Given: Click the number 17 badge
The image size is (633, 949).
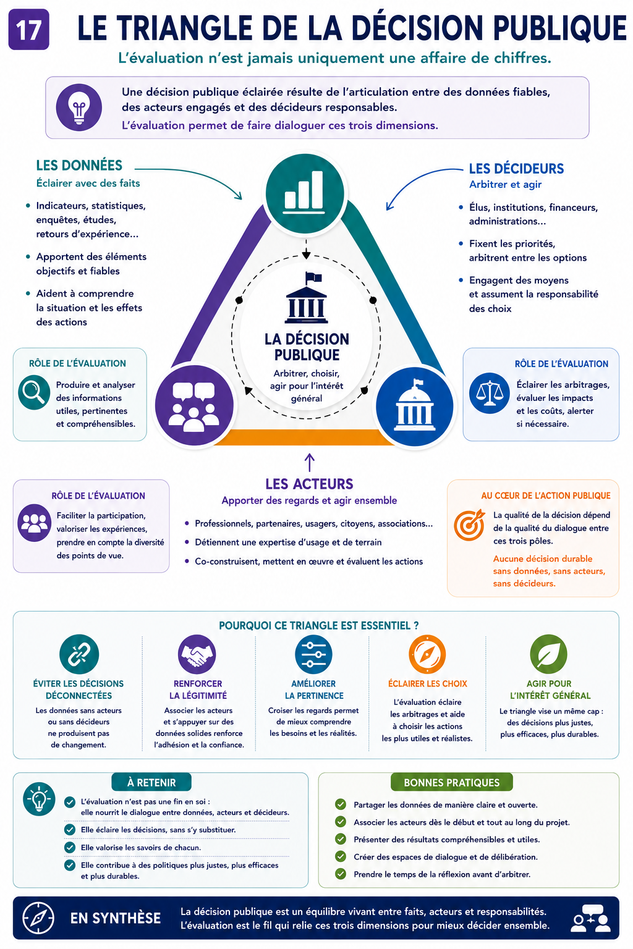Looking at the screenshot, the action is tap(29, 30).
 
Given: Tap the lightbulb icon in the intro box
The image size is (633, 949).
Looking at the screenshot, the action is tap(79, 107).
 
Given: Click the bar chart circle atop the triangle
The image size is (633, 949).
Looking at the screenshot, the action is tap(304, 193).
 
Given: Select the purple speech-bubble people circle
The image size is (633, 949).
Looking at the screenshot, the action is tap(194, 405).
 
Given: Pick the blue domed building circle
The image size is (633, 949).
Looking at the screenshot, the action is tap(415, 407).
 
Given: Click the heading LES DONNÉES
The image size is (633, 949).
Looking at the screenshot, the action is tap(79, 165).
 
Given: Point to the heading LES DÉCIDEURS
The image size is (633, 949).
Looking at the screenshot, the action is tap(516, 169).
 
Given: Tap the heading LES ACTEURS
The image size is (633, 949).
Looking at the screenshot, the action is tap(309, 484).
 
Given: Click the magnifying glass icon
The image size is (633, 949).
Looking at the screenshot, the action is tap(34, 392).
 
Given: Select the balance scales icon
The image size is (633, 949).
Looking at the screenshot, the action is tap(489, 393).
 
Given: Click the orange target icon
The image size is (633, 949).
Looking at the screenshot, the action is tap(469, 525).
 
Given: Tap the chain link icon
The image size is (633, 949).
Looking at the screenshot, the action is tap(79, 654).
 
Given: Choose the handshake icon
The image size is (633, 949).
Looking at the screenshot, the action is tap(197, 654).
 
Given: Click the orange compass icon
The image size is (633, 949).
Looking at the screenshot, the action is tap(427, 654).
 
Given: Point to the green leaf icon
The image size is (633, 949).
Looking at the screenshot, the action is tap(549, 654).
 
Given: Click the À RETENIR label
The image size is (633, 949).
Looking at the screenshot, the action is tap(151, 782).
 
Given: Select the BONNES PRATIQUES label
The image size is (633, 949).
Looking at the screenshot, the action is tap(451, 782).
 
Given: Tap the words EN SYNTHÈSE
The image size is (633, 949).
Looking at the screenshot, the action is tap(116, 918).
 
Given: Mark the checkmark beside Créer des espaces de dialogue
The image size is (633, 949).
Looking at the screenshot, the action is tap(341, 857).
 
